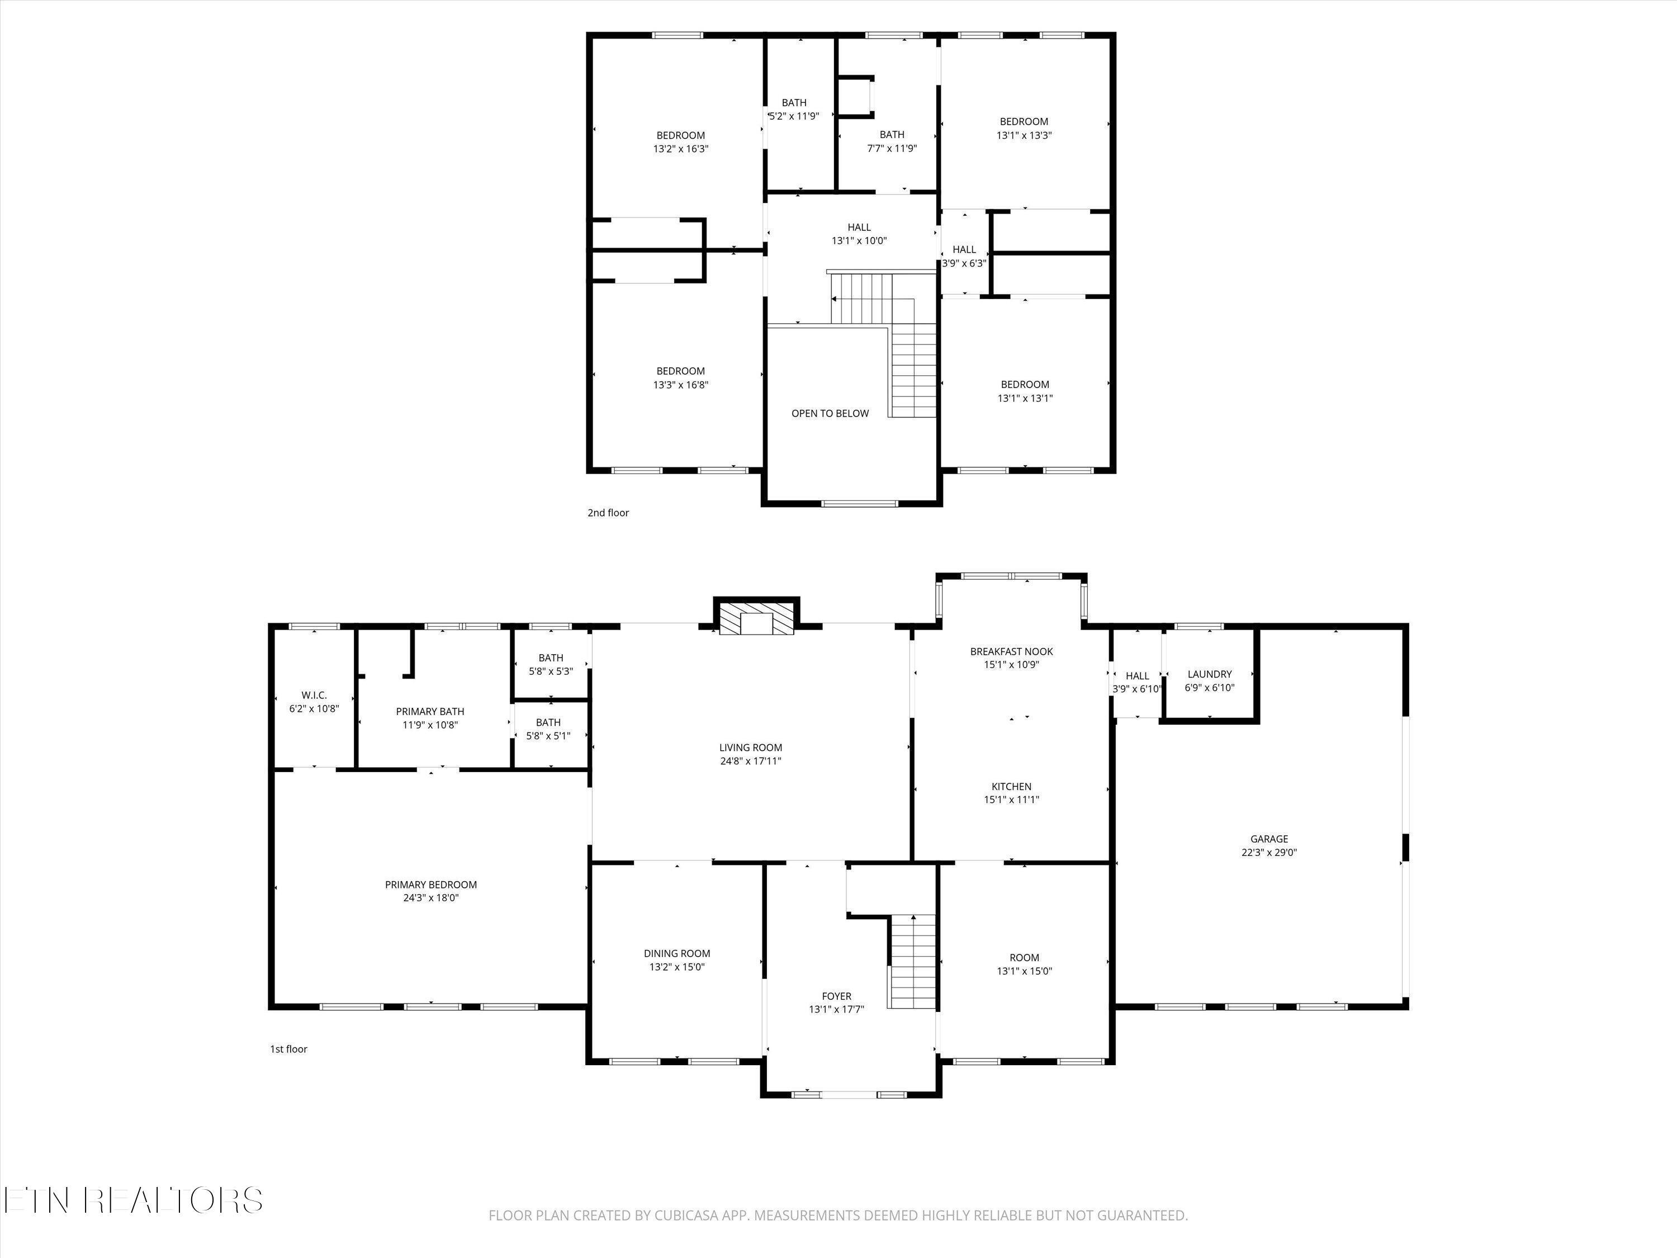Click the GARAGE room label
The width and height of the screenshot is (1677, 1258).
[x=1268, y=839]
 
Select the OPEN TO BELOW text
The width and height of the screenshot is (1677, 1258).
[x=830, y=413]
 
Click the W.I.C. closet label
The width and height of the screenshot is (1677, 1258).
[x=314, y=696]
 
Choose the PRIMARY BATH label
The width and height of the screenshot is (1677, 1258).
[x=430, y=711]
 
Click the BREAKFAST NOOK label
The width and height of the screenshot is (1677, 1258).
[x=1011, y=651]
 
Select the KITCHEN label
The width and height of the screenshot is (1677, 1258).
[x=1011, y=786]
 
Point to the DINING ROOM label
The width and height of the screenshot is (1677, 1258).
[x=677, y=954]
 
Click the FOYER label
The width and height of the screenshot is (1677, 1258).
[x=836, y=996]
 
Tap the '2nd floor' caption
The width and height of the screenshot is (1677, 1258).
[x=608, y=513]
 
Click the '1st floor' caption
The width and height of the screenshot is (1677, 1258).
[x=289, y=1049]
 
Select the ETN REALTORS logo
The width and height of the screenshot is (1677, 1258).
[x=134, y=1200]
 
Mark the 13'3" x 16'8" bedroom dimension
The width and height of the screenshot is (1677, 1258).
[x=681, y=385]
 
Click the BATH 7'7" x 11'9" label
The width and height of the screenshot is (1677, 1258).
[x=892, y=135]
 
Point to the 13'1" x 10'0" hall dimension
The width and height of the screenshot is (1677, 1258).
[x=859, y=241]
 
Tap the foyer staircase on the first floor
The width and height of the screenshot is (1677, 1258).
[x=913, y=962]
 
